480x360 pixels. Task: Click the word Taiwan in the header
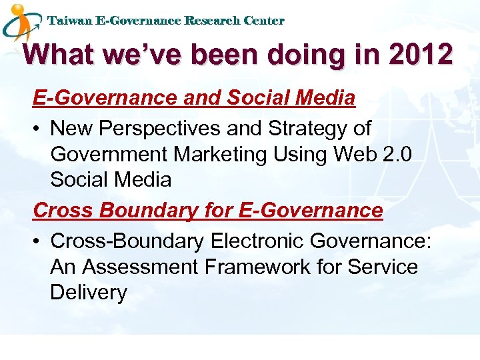point(70,21)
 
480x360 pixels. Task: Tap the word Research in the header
point(212,21)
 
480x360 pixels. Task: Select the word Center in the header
point(264,21)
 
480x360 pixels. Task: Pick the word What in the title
point(59,55)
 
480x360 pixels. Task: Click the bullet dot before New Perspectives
point(38,128)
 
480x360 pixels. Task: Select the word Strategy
point(305,127)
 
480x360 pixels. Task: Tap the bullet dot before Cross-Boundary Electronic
point(38,241)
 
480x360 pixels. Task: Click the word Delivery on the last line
point(88,293)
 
